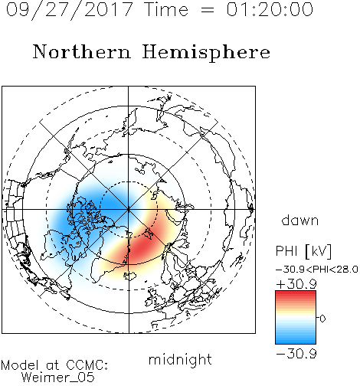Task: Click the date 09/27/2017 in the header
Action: [69, 10]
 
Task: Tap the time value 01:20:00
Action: [270, 9]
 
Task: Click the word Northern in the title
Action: [82, 51]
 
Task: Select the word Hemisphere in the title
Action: [206, 53]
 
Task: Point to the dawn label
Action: [300, 220]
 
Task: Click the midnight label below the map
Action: [180, 359]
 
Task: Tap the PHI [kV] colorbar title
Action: [304, 251]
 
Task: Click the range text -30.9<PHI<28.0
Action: [317, 270]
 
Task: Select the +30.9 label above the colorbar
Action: [296, 284]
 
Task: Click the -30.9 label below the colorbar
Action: [296, 354]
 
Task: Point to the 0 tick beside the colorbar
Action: [322, 319]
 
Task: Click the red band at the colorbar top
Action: [296, 295]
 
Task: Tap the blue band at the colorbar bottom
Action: [296, 339]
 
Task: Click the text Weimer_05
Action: [58, 378]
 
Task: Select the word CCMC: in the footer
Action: [87, 365]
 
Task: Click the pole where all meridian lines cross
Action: [129, 210]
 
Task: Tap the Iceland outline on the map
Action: [130, 276]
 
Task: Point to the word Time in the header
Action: [166, 9]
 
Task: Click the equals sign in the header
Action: [208, 10]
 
